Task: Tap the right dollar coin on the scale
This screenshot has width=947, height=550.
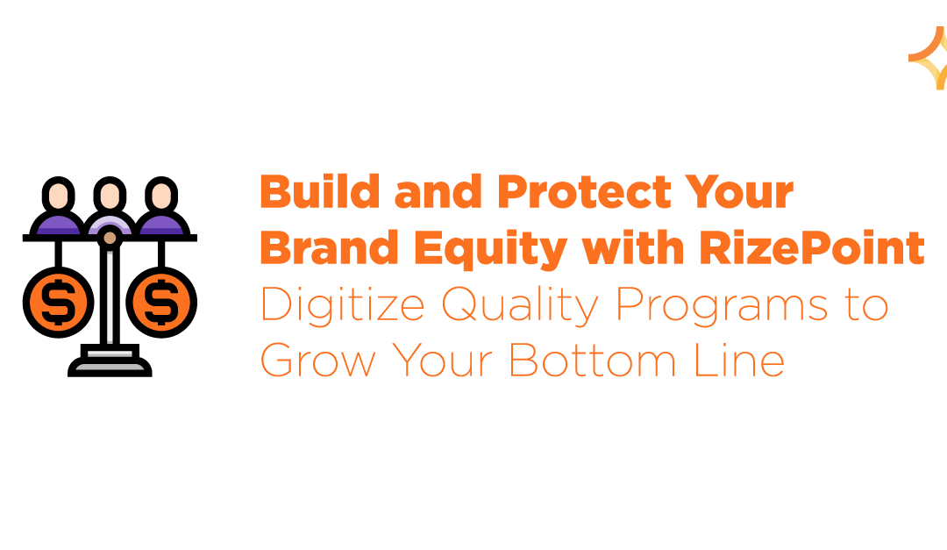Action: click(160, 303)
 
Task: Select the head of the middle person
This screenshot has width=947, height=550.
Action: click(110, 194)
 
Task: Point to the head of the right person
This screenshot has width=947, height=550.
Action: click(160, 193)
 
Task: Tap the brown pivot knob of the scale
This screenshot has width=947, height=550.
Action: click(110, 237)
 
